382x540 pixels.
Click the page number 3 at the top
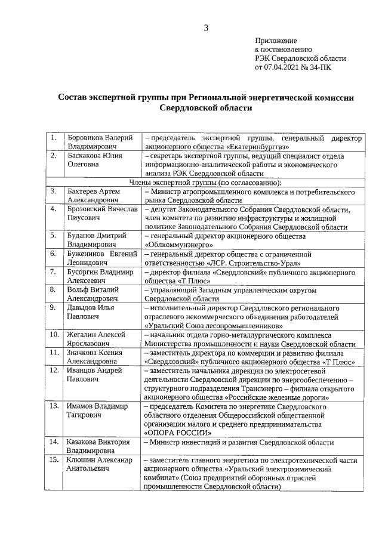point(206,27)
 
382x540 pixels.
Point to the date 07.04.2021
point(283,67)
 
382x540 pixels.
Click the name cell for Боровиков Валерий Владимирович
point(100,142)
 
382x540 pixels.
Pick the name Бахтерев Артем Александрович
point(94,196)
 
